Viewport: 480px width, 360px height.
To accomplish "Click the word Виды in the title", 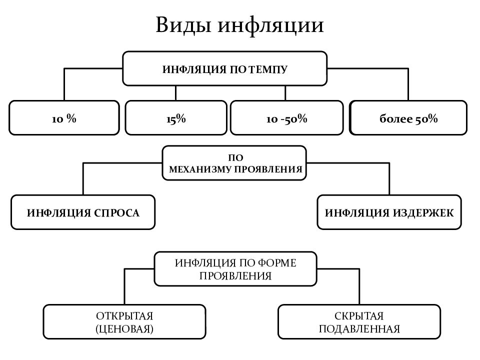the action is (x=183, y=24).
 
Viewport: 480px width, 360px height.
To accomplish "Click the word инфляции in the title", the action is (x=270, y=25).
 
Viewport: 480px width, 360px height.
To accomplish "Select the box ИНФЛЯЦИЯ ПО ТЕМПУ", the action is (x=224, y=68).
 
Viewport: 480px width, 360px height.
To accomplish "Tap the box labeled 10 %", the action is (x=64, y=118).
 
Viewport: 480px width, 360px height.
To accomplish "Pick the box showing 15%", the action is (x=176, y=118).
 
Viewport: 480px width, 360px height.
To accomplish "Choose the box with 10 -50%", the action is (x=286, y=118).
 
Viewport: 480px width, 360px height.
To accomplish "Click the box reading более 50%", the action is (x=408, y=118).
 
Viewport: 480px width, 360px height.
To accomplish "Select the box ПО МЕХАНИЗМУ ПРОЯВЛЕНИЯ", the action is (x=234, y=163).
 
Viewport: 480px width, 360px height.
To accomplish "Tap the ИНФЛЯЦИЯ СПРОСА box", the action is (x=83, y=212).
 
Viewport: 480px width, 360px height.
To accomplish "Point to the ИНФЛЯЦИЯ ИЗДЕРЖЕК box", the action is (x=389, y=212).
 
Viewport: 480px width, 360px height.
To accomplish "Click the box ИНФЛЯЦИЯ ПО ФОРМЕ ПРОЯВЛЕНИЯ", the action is (x=235, y=269).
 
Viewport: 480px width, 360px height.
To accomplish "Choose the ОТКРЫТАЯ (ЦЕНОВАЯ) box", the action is (x=124, y=321).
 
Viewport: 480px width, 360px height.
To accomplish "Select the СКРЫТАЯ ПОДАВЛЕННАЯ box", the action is (x=359, y=321).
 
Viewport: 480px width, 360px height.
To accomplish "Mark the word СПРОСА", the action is (x=116, y=213).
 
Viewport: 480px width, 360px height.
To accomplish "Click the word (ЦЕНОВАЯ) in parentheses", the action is (x=124, y=329).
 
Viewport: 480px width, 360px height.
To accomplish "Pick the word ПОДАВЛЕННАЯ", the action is (x=359, y=329).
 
